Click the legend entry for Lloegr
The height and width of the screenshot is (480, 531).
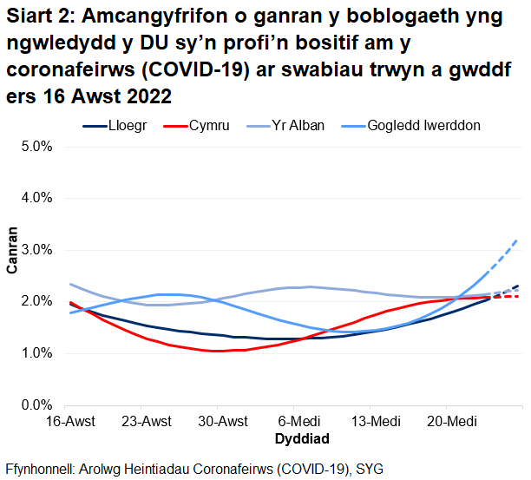[x=127, y=126]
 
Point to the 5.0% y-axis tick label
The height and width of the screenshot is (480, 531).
[x=37, y=146]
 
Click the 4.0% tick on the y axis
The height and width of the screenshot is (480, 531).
[x=37, y=198]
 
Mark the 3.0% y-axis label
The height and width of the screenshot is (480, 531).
[x=37, y=250]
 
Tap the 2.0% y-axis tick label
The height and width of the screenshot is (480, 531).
[x=37, y=301]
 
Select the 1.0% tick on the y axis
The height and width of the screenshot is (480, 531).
[x=37, y=353]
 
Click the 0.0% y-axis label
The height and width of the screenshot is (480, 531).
[x=37, y=405]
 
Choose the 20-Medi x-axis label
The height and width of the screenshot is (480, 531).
[x=447, y=422]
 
